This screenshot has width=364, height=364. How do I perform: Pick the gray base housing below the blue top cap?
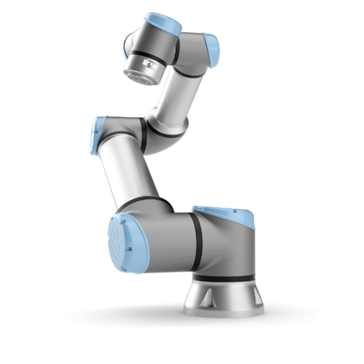(228, 248)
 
